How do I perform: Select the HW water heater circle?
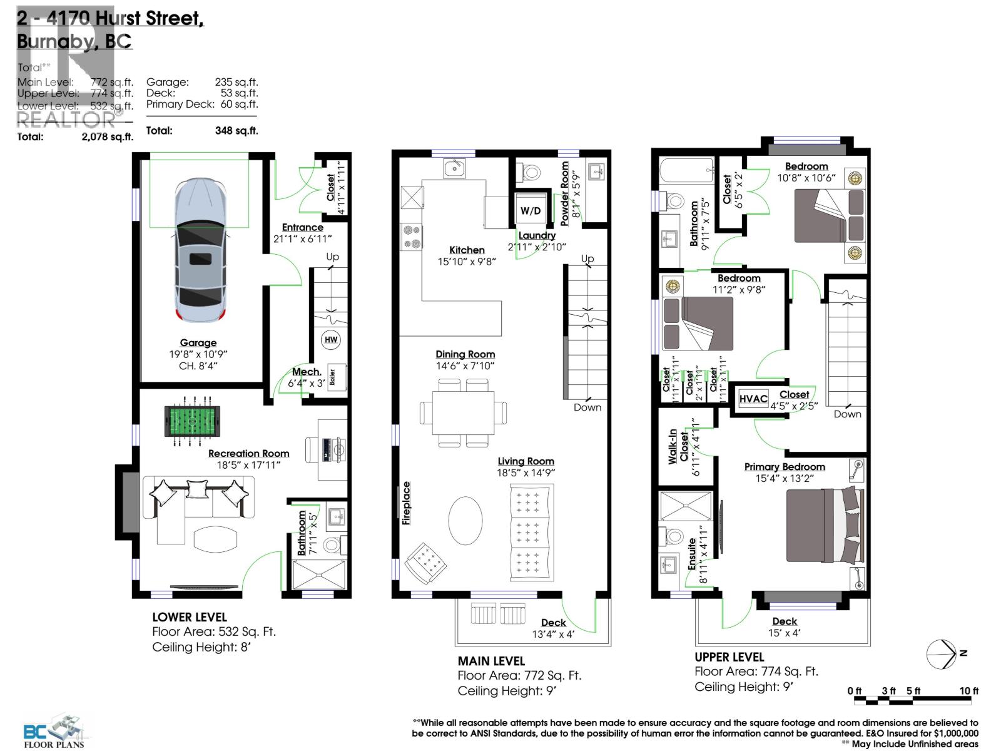pyautogui.click(x=331, y=340)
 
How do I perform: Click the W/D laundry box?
pyautogui.click(x=531, y=210)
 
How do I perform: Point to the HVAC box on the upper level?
pyautogui.click(x=753, y=399)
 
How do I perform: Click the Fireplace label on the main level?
pyautogui.click(x=407, y=503)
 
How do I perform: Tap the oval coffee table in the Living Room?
pyautogui.click(x=465, y=521)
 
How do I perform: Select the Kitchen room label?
pyautogui.click(x=467, y=250)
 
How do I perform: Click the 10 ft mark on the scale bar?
pyautogui.click(x=968, y=691)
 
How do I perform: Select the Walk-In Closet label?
pyautogui.click(x=678, y=446)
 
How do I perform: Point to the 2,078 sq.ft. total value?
pyautogui.click(x=107, y=136)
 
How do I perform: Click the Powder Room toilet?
pyautogui.click(x=531, y=171)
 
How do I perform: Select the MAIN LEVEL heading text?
pyautogui.click(x=491, y=661)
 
